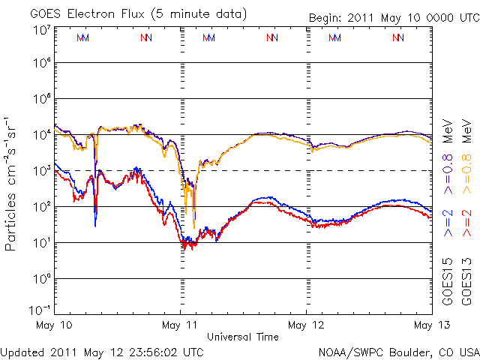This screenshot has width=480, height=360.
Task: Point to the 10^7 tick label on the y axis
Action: (x=41, y=31)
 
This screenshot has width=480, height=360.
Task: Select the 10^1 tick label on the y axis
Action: (x=41, y=242)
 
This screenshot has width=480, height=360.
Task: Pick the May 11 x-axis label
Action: (x=181, y=325)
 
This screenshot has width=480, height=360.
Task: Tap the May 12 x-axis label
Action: (x=307, y=325)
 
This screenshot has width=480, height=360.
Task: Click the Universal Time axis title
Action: (x=242, y=337)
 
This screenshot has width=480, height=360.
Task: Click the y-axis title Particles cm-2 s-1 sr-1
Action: (x=13, y=183)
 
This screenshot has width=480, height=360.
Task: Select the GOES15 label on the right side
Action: (x=448, y=279)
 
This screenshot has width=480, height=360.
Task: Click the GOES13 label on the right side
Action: (x=466, y=279)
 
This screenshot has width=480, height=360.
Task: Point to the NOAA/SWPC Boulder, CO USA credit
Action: (x=398, y=351)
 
